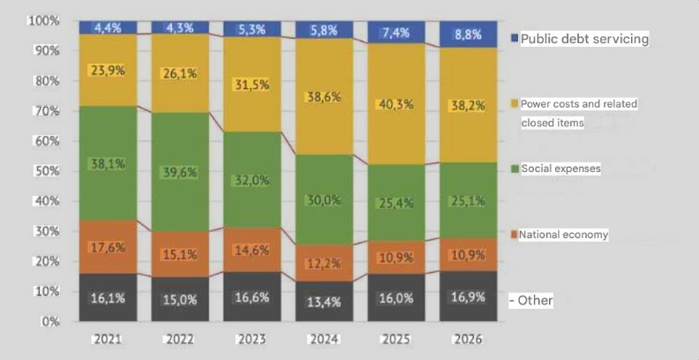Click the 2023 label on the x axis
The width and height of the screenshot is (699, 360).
(253, 338)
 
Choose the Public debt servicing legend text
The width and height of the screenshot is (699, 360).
(584, 39)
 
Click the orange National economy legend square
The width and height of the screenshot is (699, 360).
(514, 235)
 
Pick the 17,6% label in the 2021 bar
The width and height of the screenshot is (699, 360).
(108, 247)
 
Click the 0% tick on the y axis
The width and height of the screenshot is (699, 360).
(51, 322)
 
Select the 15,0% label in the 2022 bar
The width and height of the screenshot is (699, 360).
(180, 299)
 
